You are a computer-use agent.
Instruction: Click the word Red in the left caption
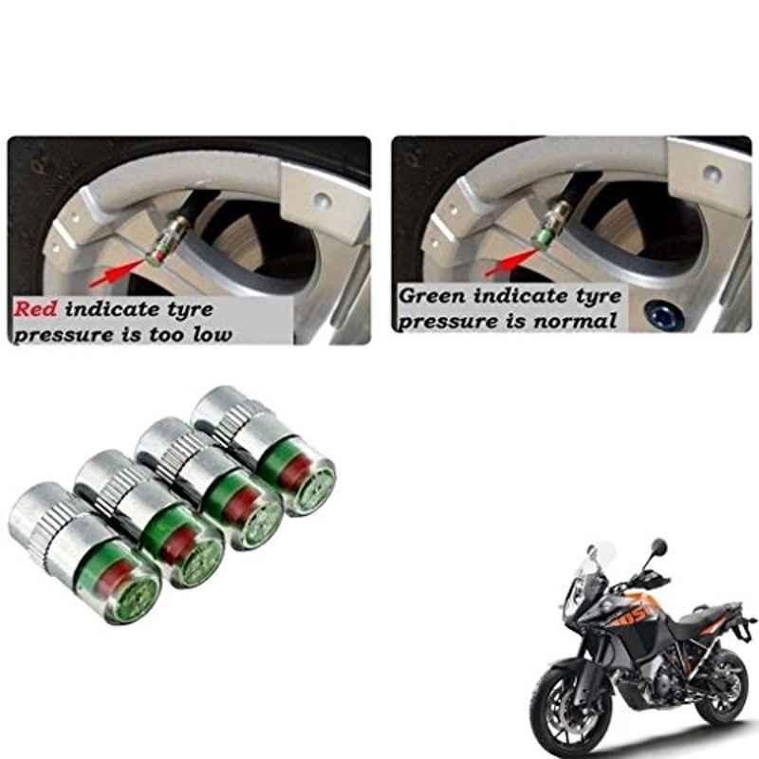(35, 309)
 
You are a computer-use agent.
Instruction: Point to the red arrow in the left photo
(118, 273)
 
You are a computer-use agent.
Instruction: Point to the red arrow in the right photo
(512, 263)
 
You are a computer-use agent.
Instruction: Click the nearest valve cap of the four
(84, 551)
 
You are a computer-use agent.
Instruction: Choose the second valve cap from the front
(150, 518)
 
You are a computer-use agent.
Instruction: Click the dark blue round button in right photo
(662, 315)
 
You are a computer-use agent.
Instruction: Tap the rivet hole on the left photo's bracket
(322, 198)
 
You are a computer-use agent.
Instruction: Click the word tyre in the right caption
(599, 296)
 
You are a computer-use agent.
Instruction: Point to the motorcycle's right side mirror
(658, 547)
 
